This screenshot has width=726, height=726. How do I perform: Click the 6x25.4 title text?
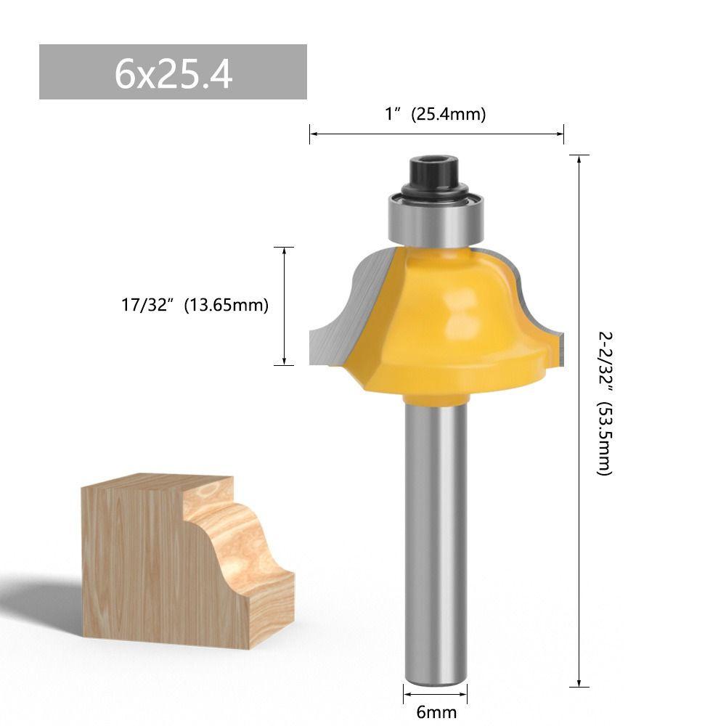174,73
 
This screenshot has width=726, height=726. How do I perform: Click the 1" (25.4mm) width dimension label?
436,113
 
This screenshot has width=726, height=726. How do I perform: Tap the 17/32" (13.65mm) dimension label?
195,305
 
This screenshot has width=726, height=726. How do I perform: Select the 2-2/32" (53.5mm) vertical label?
605,403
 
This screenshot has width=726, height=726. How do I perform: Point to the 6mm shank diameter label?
436,711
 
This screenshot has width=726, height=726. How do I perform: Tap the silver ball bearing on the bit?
435,221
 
